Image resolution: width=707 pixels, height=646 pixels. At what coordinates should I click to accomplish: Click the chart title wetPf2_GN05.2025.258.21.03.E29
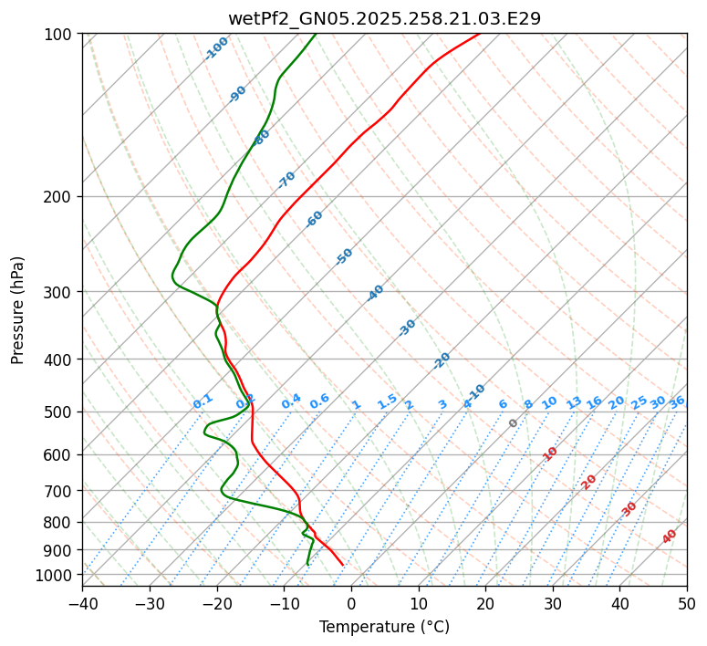384,18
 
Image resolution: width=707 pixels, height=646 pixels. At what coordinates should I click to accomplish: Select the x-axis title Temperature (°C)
384,628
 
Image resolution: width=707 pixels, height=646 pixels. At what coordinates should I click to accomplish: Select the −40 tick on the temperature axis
82,603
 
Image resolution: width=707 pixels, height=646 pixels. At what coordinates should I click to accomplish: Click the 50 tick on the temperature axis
687,603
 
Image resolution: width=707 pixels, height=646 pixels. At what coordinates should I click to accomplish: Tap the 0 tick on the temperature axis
351,603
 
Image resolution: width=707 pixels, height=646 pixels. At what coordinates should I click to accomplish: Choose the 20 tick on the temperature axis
485,603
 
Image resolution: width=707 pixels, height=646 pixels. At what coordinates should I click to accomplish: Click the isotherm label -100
217,47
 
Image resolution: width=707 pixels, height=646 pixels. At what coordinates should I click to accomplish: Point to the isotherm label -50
344,256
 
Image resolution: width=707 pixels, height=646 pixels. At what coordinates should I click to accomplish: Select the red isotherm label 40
670,537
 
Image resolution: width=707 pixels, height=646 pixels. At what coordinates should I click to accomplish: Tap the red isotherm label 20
589,481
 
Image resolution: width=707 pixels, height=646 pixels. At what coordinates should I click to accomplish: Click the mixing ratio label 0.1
203,401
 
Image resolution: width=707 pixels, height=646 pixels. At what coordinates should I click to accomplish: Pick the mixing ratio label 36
677,401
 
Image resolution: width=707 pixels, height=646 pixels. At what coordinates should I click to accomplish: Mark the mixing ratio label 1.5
387,401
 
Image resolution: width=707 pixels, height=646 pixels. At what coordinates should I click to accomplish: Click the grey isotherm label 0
514,423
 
